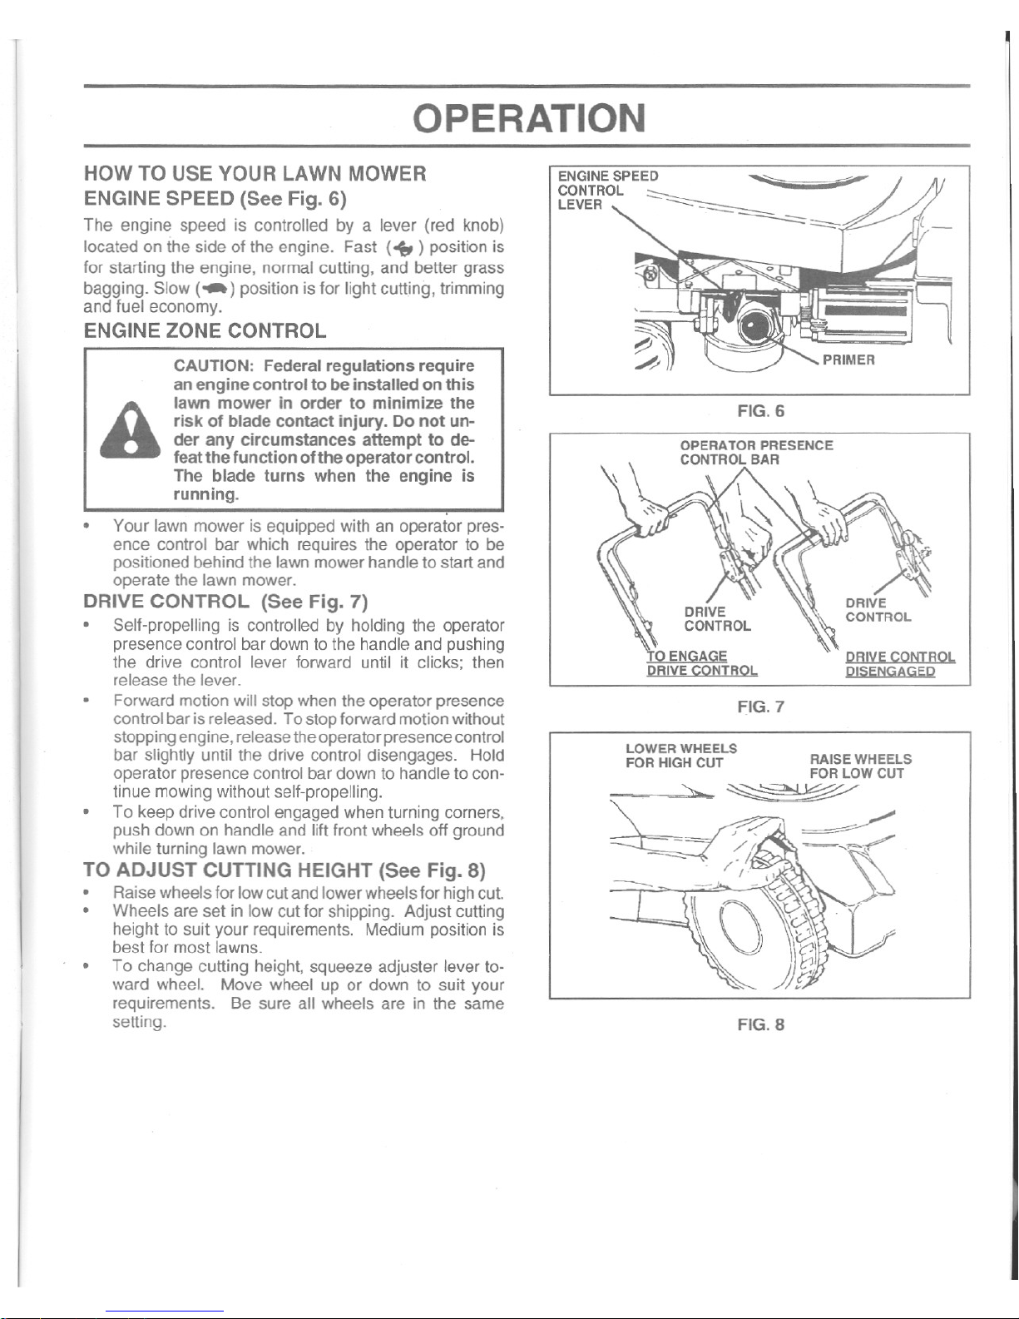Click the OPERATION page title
529,118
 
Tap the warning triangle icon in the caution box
131,429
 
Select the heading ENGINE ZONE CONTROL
205,331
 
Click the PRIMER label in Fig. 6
848,360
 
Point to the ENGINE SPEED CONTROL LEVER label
608,190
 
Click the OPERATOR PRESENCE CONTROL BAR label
756,452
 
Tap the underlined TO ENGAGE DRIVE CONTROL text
702,663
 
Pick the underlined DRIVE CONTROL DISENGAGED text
900,664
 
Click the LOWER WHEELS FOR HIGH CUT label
681,755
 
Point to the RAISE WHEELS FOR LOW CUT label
860,766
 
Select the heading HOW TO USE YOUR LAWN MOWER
255,174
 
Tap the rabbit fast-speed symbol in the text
403,248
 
